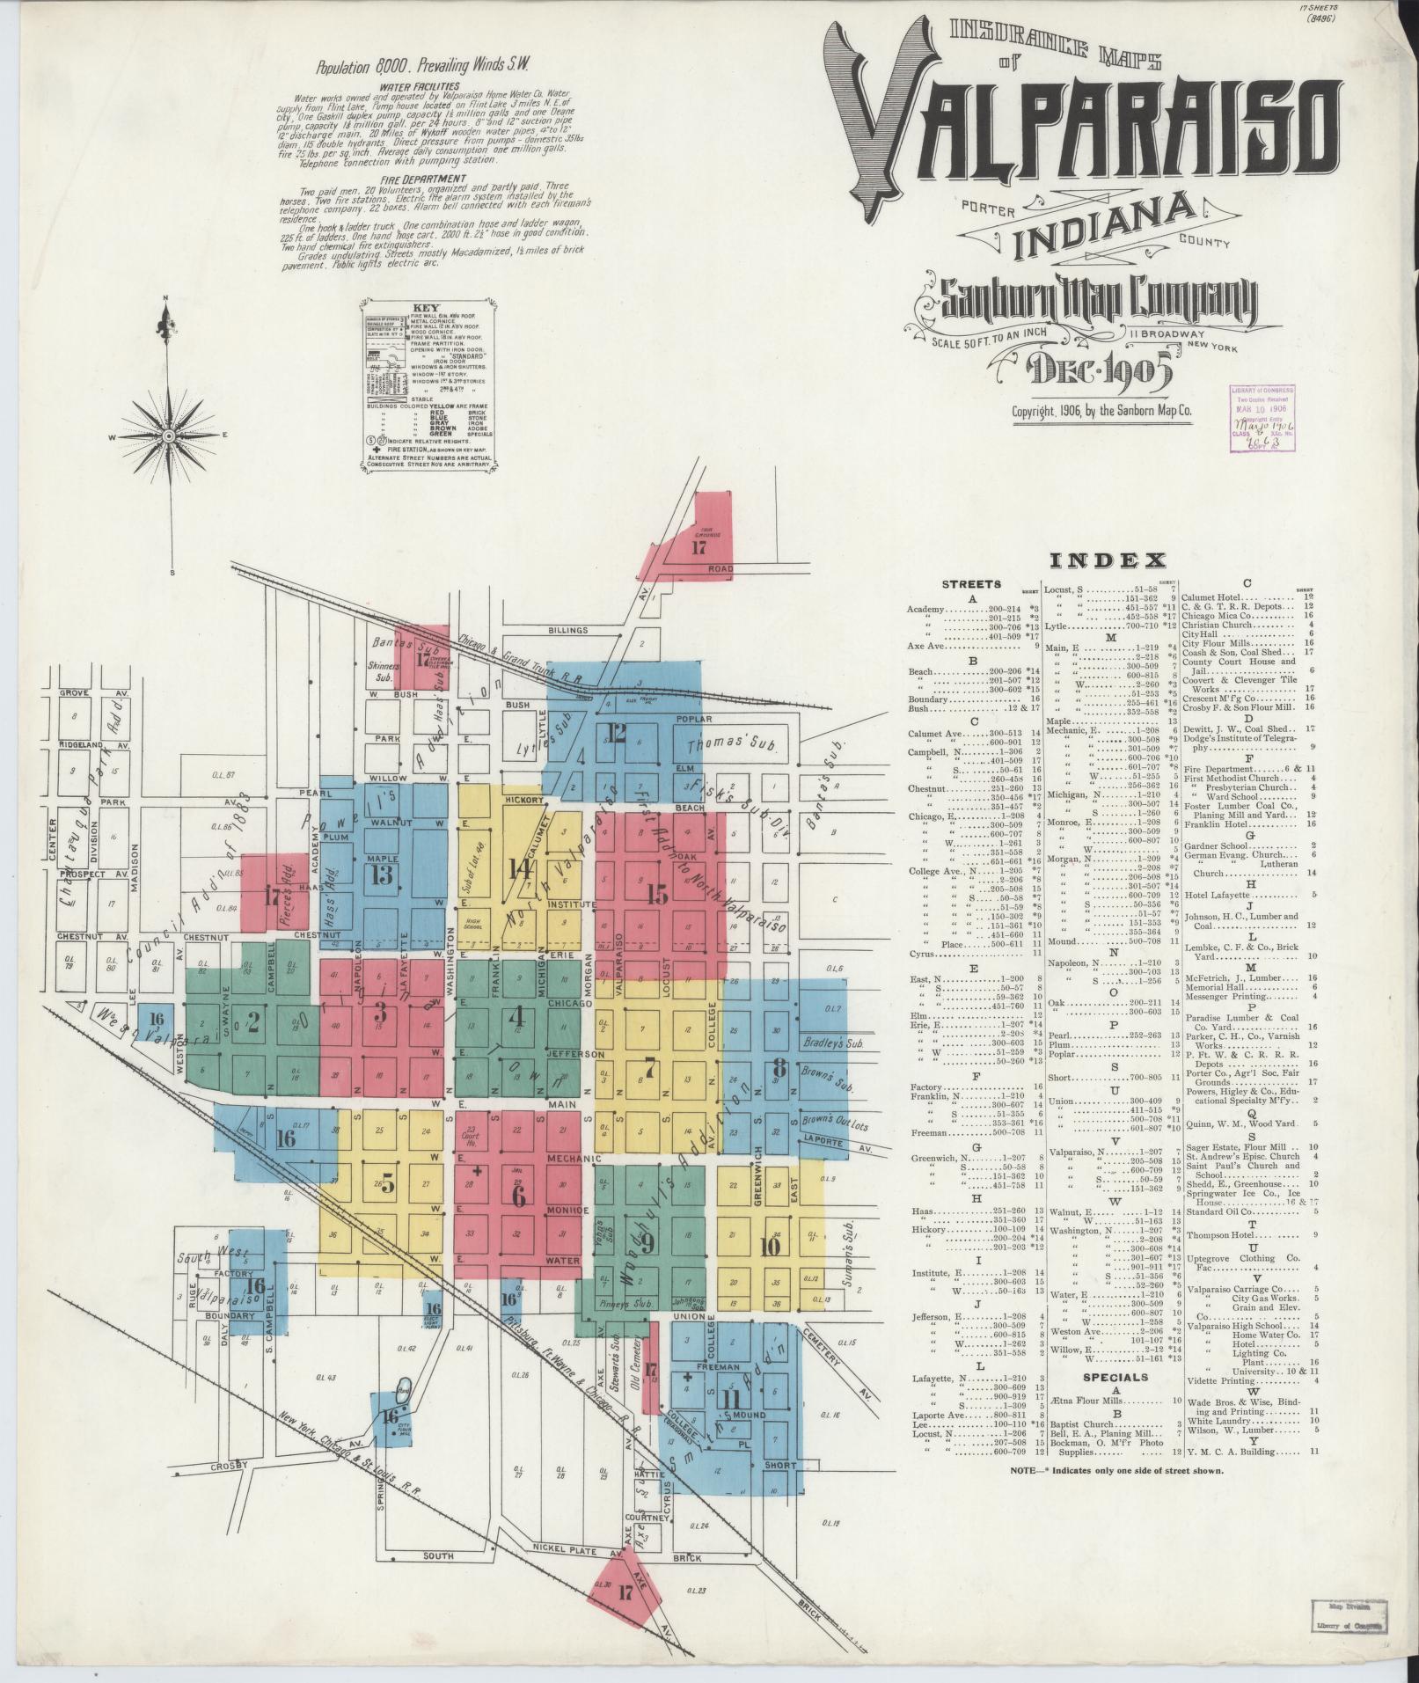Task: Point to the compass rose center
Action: pyautogui.click(x=167, y=436)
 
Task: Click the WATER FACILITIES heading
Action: pyautogui.click(x=419, y=86)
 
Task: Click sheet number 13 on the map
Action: pyautogui.click(x=381, y=874)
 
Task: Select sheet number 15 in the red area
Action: pyautogui.click(x=656, y=895)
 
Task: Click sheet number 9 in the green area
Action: pyautogui.click(x=647, y=1242)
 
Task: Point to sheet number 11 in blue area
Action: pyautogui.click(x=730, y=1399)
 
